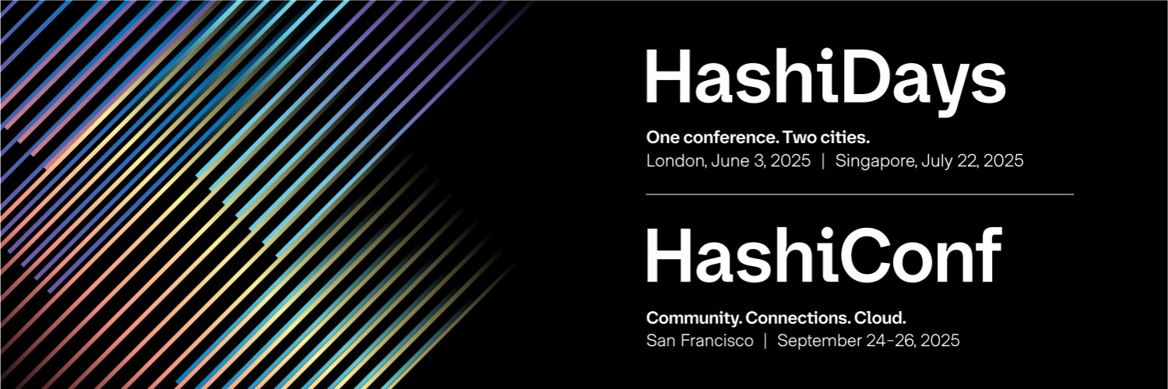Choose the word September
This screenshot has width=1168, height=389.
tap(814, 341)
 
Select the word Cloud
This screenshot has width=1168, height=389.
tap(881, 317)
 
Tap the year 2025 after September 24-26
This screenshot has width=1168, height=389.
tap(940, 341)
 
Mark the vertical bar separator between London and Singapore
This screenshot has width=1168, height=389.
tap(823, 162)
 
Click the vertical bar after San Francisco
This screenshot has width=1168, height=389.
tap(765, 341)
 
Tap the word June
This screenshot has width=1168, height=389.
tap(727, 162)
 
